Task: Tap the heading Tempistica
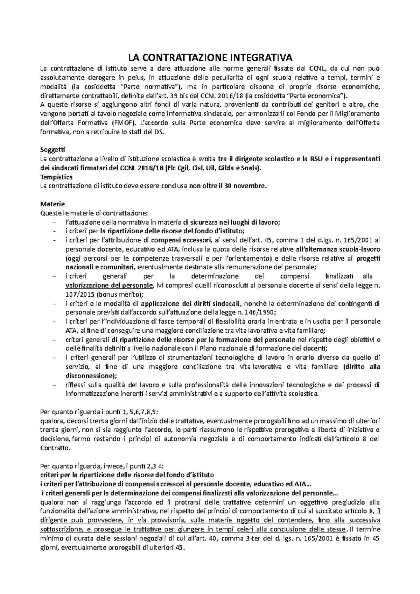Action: coord(56,177)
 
